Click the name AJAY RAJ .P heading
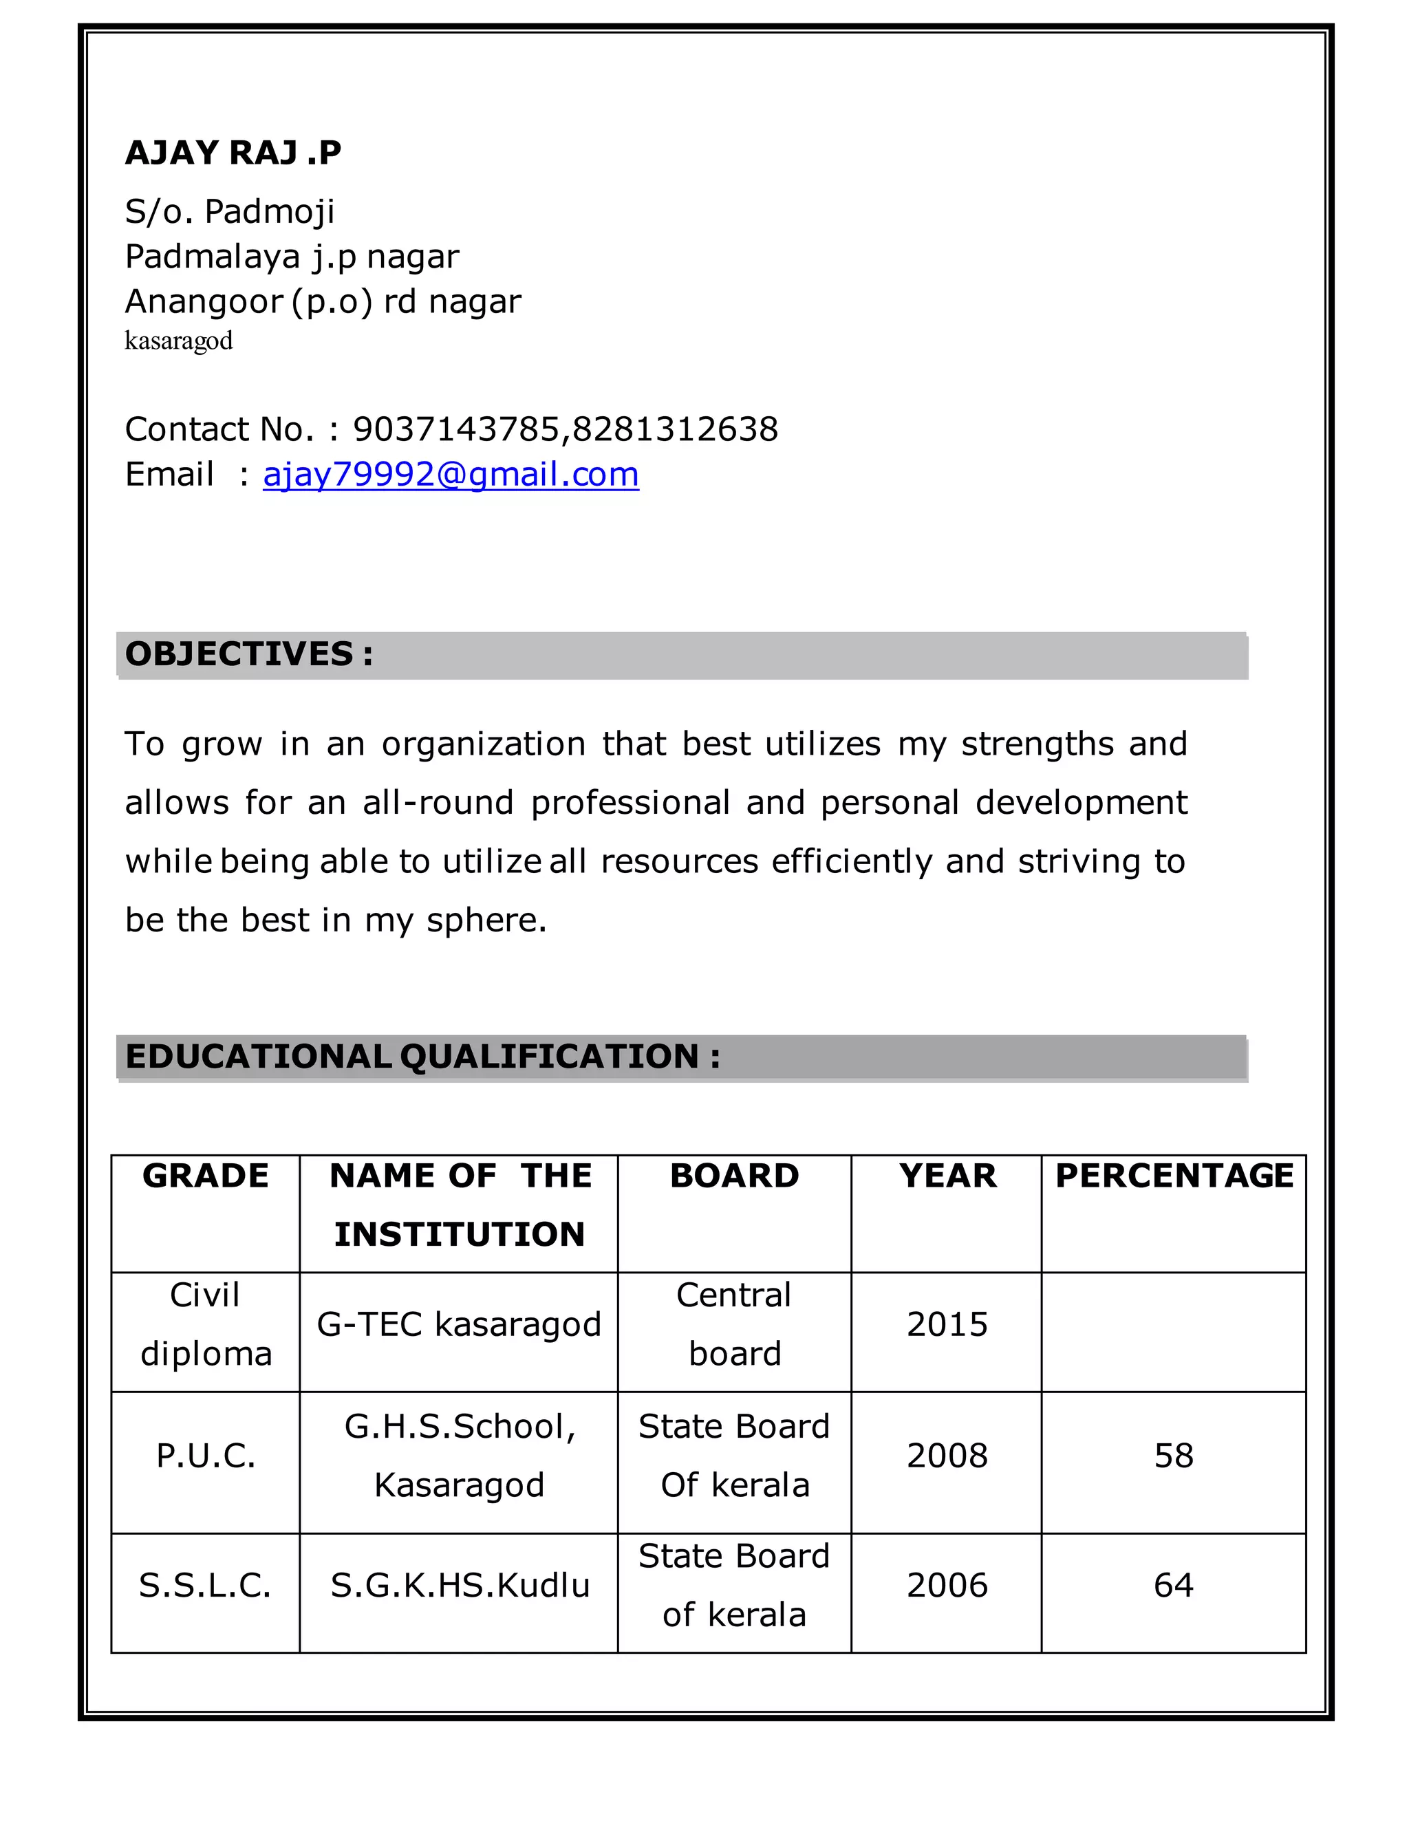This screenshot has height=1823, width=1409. (x=233, y=153)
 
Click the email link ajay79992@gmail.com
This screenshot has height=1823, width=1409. (x=451, y=474)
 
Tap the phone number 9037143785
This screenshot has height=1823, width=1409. (x=458, y=429)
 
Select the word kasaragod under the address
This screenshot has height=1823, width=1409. (x=179, y=341)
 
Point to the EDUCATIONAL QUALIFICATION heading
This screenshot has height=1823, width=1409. (x=422, y=1057)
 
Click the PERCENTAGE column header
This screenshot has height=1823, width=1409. (x=1174, y=1176)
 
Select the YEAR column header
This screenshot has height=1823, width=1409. (x=947, y=1176)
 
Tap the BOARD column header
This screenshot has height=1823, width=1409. (x=735, y=1176)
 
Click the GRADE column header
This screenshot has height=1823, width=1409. (x=205, y=1176)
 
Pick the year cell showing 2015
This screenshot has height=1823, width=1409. (x=947, y=1325)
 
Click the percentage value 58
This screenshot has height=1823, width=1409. (x=1174, y=1456)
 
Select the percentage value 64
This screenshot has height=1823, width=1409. (x=1174, y=1585)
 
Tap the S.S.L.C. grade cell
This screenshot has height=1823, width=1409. (x=205, y=1585)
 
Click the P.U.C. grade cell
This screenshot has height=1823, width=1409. (x=205, y=1456)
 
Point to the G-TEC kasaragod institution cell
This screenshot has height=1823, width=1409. (x=459, y=1325)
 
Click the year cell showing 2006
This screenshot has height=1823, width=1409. (x=947, y=1585)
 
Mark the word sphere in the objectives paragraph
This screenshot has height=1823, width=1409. (x=485, y=920)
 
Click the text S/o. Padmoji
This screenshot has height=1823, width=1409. (x=230, y=212)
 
